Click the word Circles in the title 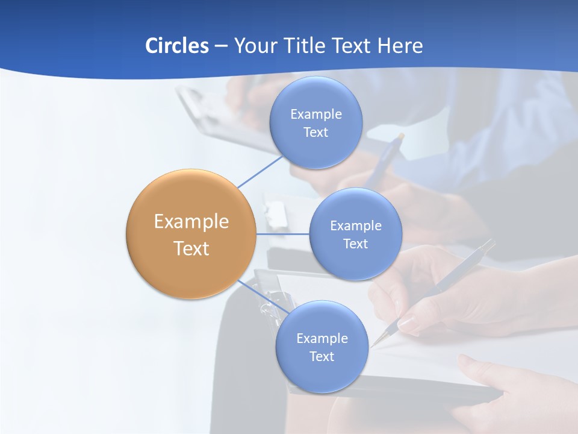(x=176, y=46)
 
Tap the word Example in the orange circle (x=191, y=222)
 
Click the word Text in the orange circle (x=191, y=248)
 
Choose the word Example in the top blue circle (x=315, y=115)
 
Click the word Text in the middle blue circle (x=355, y=244)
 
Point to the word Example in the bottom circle (x=322, y=339)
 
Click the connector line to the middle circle (x=282, y=234)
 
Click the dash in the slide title (x=220, y=46)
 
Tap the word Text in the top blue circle (x=315, y=133)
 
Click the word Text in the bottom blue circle (x=322, y=357)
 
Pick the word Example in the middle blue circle (x=355, y=226)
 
